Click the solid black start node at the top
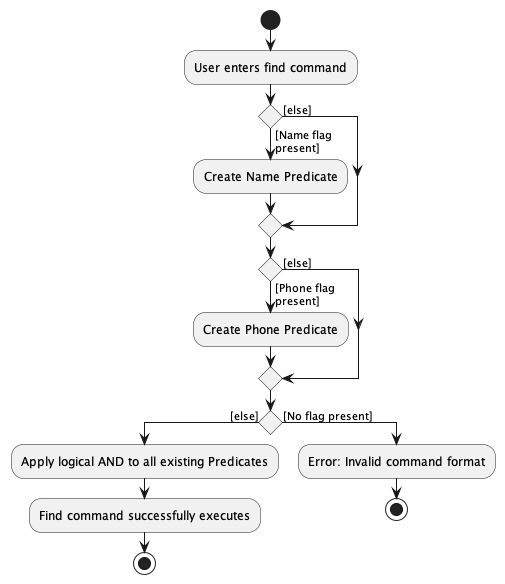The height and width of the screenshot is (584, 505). [x=270, y=20]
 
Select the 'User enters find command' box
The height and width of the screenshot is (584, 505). [x=270, y=68]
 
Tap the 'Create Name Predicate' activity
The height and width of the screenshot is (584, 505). [x=270, y=177]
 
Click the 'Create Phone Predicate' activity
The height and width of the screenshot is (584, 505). [x=270, y=329]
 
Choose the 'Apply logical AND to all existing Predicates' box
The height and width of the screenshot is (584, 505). [x=145, y=461]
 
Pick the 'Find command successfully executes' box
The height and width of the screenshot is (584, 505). [x=145, y=516]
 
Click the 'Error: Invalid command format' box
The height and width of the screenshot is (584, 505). [x=397, y=461]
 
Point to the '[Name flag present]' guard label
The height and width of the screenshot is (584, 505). [x=296, y=140]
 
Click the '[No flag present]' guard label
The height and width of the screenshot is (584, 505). [x=327, y=415]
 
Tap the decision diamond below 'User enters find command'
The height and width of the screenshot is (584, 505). [x=270, y=117]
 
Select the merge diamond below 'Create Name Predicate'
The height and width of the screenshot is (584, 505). [x=270, y=225]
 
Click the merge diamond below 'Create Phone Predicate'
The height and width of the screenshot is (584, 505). [x=270, y=378]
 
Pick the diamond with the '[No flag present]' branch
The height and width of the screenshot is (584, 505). [x=270, y=421]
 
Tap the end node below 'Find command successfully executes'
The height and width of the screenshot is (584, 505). [x=145, y=563]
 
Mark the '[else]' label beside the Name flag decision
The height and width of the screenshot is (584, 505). [x=297, y=109]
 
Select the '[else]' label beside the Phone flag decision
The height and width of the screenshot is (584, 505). [x=297, y=262]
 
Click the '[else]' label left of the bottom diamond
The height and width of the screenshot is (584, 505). [x=243, y=415]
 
